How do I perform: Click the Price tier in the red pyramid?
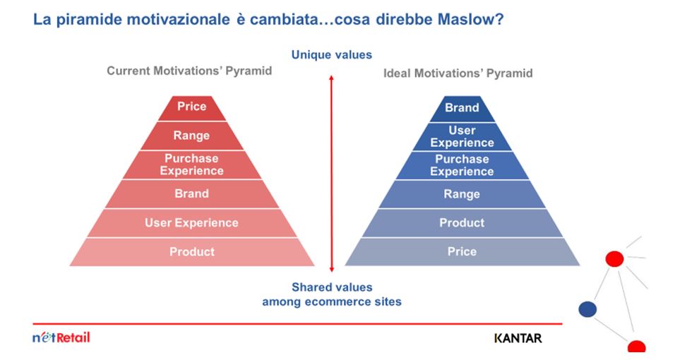tap(192, 108)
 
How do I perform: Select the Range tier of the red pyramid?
tap(192, 136)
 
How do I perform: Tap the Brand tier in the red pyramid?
tap(192, 194)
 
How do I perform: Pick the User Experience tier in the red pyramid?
tap(192, 223)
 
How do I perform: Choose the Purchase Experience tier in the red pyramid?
tap(192, 165)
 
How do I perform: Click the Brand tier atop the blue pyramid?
tap(462, 109)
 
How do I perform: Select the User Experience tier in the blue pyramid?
tap(462, 137)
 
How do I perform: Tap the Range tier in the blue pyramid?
tap(462, 194)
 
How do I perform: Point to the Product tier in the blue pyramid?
tap(462, 223)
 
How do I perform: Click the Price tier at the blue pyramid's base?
tap(462, 252)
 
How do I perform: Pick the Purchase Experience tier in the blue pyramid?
tap(462, 165)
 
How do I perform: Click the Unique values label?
tap(332, 55)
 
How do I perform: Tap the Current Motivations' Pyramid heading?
tap(189, 71)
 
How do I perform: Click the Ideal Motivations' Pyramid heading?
tap(458, 73)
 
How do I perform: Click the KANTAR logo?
tap(518, 338)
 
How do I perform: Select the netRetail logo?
tap(61, 337)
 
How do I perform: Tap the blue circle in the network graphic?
tap(587, 309)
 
